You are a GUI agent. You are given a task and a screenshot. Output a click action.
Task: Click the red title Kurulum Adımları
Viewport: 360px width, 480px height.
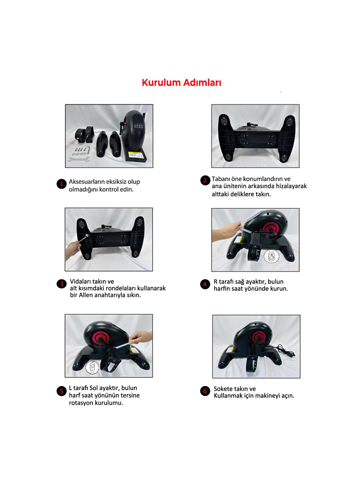(181, 83)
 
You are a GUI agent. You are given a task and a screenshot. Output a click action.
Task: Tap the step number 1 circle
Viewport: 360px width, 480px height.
(61, 184)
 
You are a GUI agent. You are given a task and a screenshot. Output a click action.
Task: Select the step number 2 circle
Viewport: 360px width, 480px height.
(205, 180)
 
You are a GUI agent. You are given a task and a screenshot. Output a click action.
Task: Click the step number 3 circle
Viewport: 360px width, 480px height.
(61, 284)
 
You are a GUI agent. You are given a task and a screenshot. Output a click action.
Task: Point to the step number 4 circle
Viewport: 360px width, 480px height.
(205, 284)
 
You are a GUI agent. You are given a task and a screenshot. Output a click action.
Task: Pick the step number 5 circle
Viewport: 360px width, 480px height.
(61, 391)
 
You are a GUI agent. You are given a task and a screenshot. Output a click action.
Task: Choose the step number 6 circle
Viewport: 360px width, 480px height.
(205, 391)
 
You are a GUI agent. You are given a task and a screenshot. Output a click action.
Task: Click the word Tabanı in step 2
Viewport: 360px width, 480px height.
(221, 179)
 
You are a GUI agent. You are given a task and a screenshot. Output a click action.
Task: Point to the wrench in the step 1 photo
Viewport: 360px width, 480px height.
(79, 160)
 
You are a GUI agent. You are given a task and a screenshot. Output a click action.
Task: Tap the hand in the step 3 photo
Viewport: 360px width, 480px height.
(73, 249)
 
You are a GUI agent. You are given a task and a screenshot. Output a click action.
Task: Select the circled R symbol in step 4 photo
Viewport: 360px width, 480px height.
(271, 257)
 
